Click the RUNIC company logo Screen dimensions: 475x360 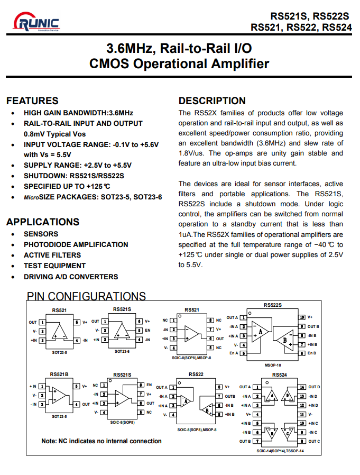pos(36,23)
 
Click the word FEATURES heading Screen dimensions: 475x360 pos(32,101)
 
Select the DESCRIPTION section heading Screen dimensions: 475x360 pos(212,101)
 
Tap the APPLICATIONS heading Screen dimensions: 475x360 pos(43,222)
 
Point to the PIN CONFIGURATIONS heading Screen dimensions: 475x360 pos(86,297)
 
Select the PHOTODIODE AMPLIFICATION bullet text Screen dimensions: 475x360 pos(76,244)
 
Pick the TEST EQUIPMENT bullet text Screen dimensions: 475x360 pos(54,266)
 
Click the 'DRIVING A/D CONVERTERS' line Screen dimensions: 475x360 pos(71,277)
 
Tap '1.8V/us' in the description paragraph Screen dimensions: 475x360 pos(192,153)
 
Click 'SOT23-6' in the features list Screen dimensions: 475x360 pos(147,197)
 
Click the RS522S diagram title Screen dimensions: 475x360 pos(273,305)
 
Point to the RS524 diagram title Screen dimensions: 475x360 pos(280,375)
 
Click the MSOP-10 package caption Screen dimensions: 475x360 pos(274,365)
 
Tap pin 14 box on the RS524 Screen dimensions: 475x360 pos(302,387)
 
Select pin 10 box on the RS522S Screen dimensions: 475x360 pos(302,317)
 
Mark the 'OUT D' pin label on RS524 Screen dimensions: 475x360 pos(315,387)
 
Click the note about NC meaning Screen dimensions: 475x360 pos(101,441)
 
